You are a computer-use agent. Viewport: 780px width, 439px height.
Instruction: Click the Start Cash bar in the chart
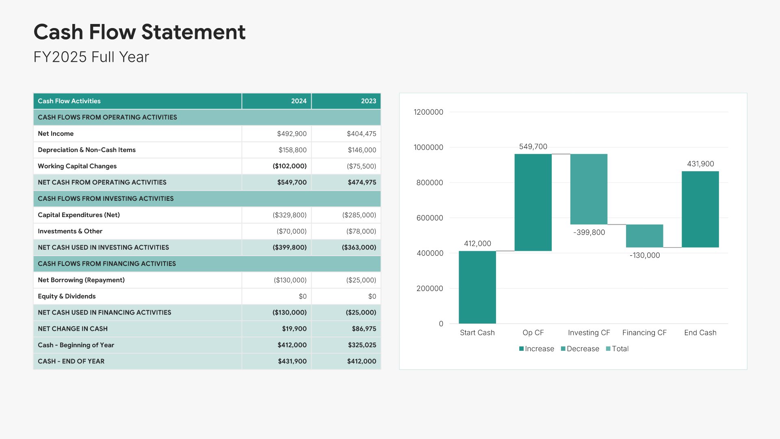[477, 287]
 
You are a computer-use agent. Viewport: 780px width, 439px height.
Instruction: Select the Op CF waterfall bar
[533, 202]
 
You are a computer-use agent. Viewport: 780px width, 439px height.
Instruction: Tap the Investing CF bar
[589, 189]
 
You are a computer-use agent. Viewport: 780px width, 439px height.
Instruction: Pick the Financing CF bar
[644, 236]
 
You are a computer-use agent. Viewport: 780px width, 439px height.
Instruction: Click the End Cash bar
[700, 209]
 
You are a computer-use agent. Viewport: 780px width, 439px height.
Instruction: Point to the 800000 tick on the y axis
[429, 183]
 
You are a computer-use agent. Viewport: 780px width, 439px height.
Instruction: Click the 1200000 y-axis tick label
[428, 112]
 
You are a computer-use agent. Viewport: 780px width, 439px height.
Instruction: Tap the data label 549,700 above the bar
[533, 146]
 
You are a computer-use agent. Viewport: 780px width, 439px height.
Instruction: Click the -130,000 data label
[645, 255]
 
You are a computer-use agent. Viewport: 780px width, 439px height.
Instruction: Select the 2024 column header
[299, 101]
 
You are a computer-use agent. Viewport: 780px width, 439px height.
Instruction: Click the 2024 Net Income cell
[292, 134]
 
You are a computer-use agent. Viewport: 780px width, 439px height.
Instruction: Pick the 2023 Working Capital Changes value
[361, 166]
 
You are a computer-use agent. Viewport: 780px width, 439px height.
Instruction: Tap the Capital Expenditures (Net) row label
[79, 215]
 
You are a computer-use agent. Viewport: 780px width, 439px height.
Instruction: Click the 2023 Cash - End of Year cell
[361, 361]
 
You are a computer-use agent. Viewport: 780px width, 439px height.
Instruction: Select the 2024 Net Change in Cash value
[294, 329]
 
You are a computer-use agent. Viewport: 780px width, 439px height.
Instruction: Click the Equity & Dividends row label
[67, 296]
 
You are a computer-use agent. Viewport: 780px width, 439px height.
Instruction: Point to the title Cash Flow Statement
[139, 32]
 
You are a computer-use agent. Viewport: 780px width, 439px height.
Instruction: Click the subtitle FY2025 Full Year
[91, 57]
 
